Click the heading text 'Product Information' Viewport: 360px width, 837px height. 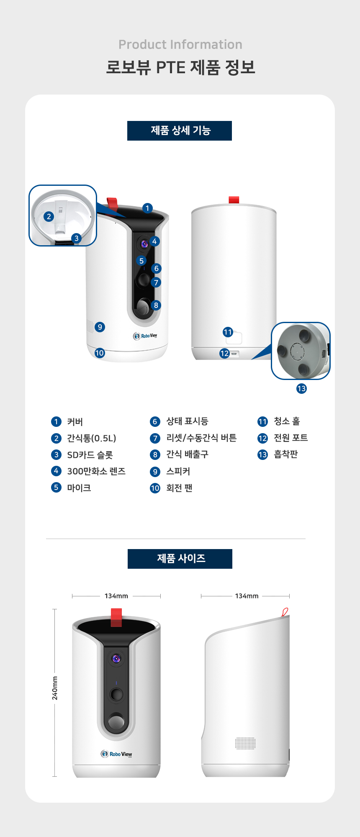(x=180, y=44)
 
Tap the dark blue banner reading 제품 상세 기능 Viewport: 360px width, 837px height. (x=180, y=131)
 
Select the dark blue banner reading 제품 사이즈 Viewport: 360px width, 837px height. (x=180, y=559)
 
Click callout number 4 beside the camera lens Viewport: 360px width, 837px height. (x=154, y=241)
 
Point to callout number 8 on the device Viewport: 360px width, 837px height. (x=156, y=305)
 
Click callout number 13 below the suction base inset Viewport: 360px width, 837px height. (x=301, y=388)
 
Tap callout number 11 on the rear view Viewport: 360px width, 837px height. (x=228, y=332)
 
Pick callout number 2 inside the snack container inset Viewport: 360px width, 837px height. (x=49, y=216)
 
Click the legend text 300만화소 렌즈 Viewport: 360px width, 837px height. (x=96, y=471)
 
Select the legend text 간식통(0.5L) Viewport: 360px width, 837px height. (x=92, y=438)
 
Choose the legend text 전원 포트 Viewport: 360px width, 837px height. (x=291, y=438)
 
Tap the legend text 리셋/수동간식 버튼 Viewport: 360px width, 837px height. (x=201, y=438)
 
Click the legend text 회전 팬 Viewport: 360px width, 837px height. (x=179, y=488)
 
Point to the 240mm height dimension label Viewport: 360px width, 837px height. (x=55, y=688)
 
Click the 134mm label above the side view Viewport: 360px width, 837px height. (x=247, y=596)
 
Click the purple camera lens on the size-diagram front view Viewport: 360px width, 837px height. (x=116, y=659)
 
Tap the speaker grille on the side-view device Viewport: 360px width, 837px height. (x=245, y=743)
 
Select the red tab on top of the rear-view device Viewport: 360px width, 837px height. (x=234, y=200)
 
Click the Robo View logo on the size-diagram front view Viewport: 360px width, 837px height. (x=116, y=754)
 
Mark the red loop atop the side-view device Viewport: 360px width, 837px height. (x=285, y=612)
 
